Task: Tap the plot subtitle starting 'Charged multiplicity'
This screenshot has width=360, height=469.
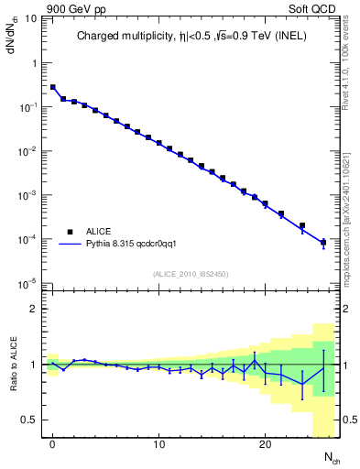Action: (x=191, y=37)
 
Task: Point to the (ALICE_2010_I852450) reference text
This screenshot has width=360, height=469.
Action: (x=191, y=273)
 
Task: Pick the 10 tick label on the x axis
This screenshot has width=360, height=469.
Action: (x=158, y=444)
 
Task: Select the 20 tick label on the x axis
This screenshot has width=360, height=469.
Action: (x=265, y=444)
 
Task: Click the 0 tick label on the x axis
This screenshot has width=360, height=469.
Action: (x=53, y=444)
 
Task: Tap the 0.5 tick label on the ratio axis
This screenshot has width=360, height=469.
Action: (x=29, y=420)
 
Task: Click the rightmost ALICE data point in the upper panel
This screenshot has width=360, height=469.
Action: (x=323, y=243)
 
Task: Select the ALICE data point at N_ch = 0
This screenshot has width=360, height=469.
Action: (x=53, y=88)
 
